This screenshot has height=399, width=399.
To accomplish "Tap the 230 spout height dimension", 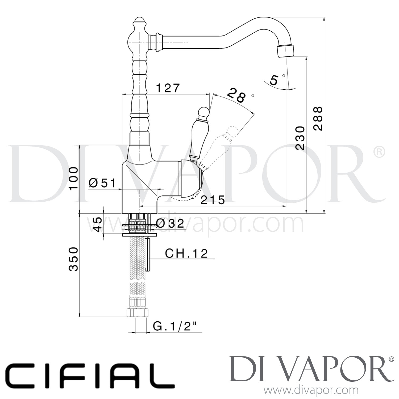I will tap(300, 138).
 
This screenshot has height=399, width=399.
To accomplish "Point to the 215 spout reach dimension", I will tap(213, 200).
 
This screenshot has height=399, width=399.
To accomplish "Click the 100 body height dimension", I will tap(73, 178).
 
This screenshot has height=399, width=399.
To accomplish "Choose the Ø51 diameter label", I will tap(102, 183).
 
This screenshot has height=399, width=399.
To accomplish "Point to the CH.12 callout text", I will tap(186, 253).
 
